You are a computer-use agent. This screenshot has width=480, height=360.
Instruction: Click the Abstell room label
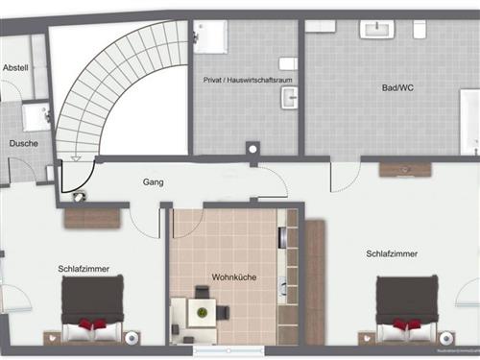(x=15, y=68)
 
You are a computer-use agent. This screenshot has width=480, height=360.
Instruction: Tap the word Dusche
(x=24, y=144)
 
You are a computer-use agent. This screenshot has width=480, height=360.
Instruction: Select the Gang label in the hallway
(x=153, y=181)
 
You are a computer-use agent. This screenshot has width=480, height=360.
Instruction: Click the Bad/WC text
(x=396, y=87)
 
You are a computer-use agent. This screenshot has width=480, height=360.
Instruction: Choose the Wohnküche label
(x=233, y=277)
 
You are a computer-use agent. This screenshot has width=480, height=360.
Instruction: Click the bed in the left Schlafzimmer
(x=93, y=309)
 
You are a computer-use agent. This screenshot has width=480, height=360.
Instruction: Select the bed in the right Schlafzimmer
(x=406, y=310)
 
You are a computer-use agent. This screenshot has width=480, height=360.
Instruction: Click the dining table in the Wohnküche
(x=201, y=310)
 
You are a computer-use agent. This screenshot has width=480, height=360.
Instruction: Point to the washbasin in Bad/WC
(x=376, y=29)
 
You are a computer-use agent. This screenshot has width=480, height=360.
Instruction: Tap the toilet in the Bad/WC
(x=420, y=30)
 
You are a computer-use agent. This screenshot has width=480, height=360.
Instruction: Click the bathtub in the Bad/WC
(x=469, y=122)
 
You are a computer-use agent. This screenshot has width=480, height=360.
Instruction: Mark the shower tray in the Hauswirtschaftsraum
(x=210, y=36)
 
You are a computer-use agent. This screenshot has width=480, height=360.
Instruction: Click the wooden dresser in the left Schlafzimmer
(x=92, y=217)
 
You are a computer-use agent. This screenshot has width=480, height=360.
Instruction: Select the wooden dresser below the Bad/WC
(x=405, y=169)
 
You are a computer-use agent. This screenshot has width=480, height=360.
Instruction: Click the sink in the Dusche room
(x=36, y=117)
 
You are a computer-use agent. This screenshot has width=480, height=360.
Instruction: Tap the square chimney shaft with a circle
(x=252, y=150)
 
